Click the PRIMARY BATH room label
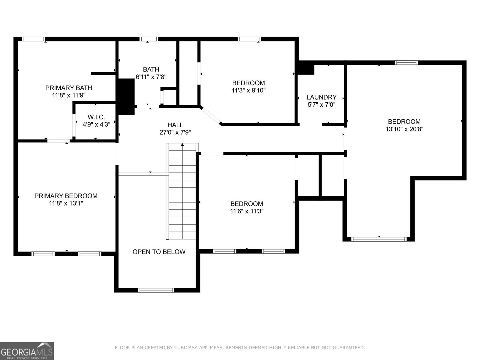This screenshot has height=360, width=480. [x=68, y=88]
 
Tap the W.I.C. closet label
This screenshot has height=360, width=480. [x=96, y=117]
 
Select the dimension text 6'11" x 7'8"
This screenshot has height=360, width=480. [x=151, y=77]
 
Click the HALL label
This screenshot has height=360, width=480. [x=175, y=125]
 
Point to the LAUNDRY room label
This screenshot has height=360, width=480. [x=321, y=97]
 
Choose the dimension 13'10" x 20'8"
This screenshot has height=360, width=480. [x=404, y=129]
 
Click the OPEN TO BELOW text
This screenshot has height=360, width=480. [x=159, y=252]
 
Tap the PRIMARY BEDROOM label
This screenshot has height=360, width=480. [x=66, y=196]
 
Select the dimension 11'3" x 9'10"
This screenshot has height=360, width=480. [x=248, y=90]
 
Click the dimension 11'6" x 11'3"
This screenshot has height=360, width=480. [x=247, y=211]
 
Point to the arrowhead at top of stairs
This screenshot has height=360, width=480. [x=182, y=145]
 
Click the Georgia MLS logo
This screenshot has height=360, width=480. [x=27, y=351]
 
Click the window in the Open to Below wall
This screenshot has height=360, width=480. [x=156, y=290]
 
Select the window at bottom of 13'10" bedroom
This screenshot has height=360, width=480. [x=379, y=239]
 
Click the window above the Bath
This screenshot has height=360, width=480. [x=149, y=39]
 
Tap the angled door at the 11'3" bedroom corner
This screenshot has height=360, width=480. [x=211, y=115]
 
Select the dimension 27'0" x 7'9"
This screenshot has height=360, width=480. [x=175, y=132]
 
